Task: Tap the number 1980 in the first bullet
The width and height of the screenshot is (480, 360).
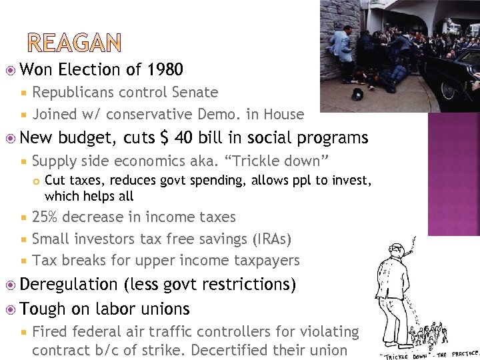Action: pos(165,69)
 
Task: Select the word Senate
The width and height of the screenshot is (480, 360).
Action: pos(195,93)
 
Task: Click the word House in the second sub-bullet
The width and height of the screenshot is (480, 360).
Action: pos(283,114)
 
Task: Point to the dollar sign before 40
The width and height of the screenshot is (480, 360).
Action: pos(165,138)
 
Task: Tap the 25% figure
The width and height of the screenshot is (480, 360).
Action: pos(45,217)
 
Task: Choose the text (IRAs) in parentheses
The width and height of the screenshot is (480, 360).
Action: pos(272,239)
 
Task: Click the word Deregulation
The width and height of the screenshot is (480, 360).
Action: pos(69,285)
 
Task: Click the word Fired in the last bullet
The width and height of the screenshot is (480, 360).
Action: pos(50,331)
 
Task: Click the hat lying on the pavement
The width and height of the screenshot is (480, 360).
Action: pos(357,93)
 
